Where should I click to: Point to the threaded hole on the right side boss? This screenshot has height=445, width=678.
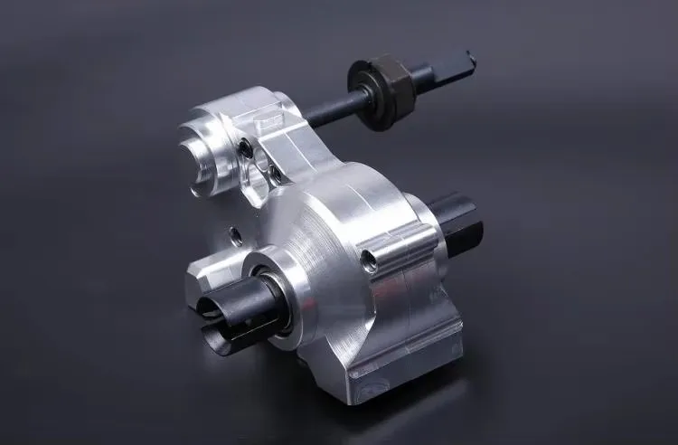pyautogui.click(x=368, y=261)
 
